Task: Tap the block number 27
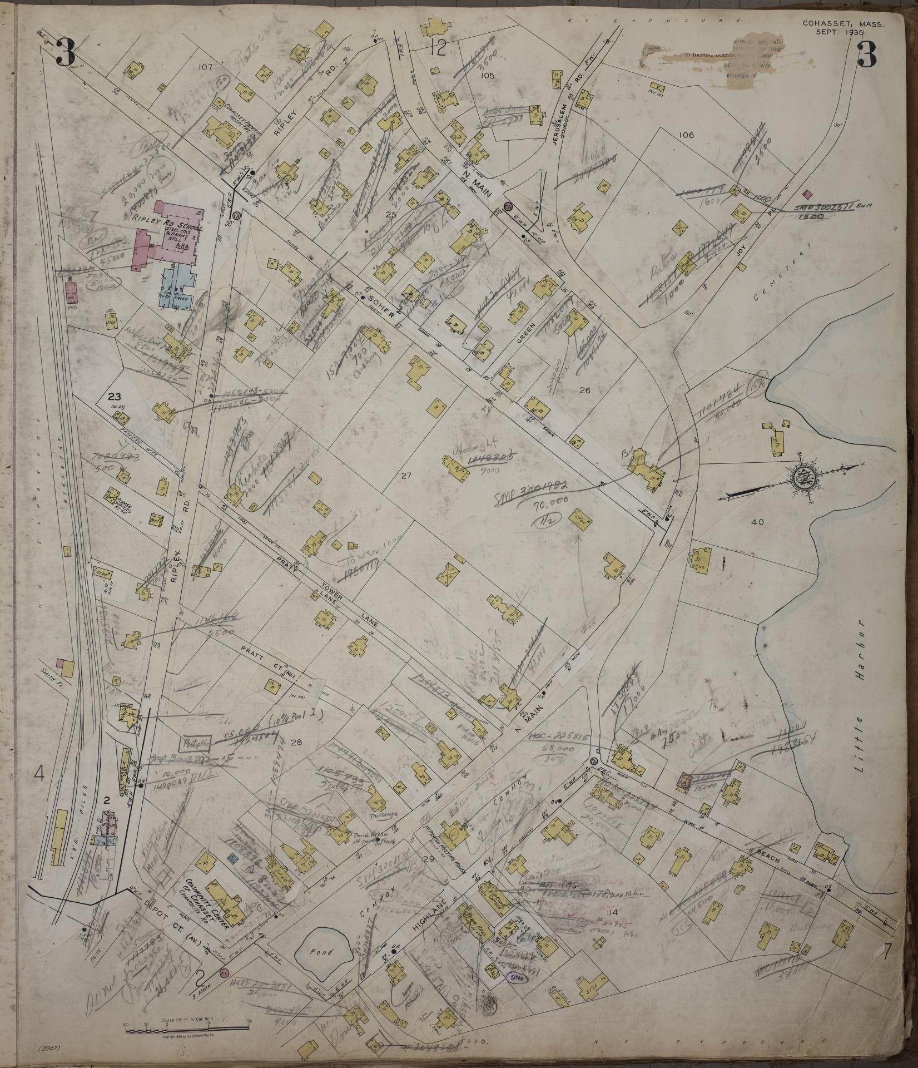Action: (405, 476)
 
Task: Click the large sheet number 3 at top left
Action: (67, 52)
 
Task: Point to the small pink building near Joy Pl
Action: (808, 194)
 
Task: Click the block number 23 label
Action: (114, 397)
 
